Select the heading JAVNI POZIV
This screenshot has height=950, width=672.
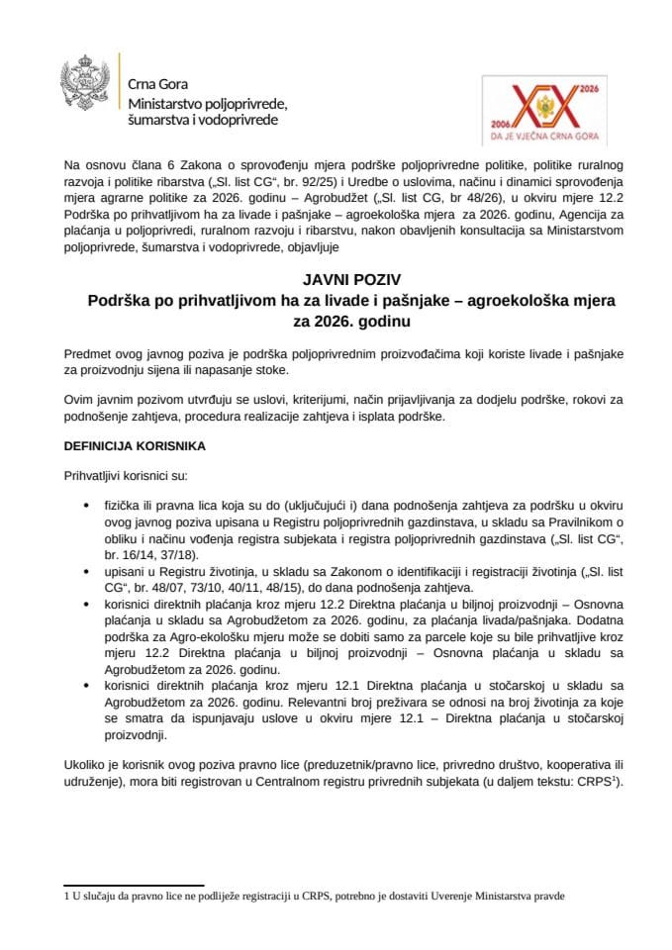(336, 281)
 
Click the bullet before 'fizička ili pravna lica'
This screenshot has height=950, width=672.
(91, 505)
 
